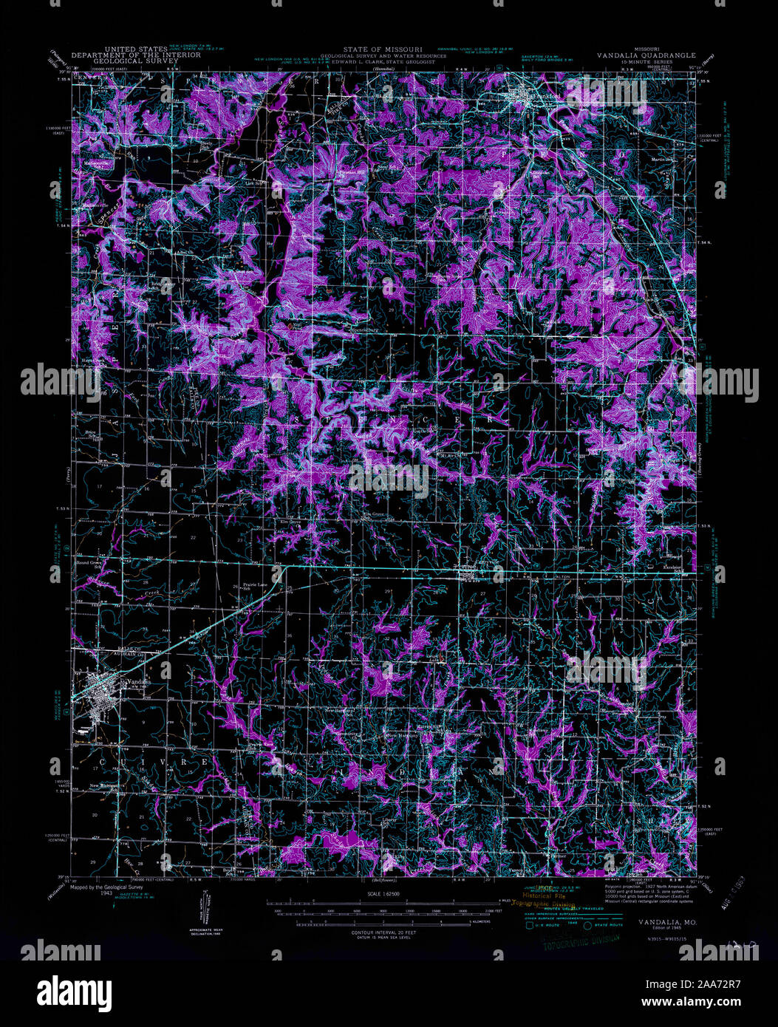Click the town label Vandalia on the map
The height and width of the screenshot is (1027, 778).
tap(138, 682)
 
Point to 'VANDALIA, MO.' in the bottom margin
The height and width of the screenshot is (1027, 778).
tap(662, 924)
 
